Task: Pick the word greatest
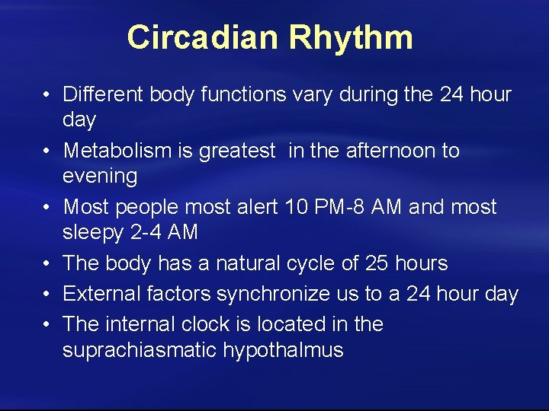[236, 151]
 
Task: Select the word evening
[100, 177]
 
